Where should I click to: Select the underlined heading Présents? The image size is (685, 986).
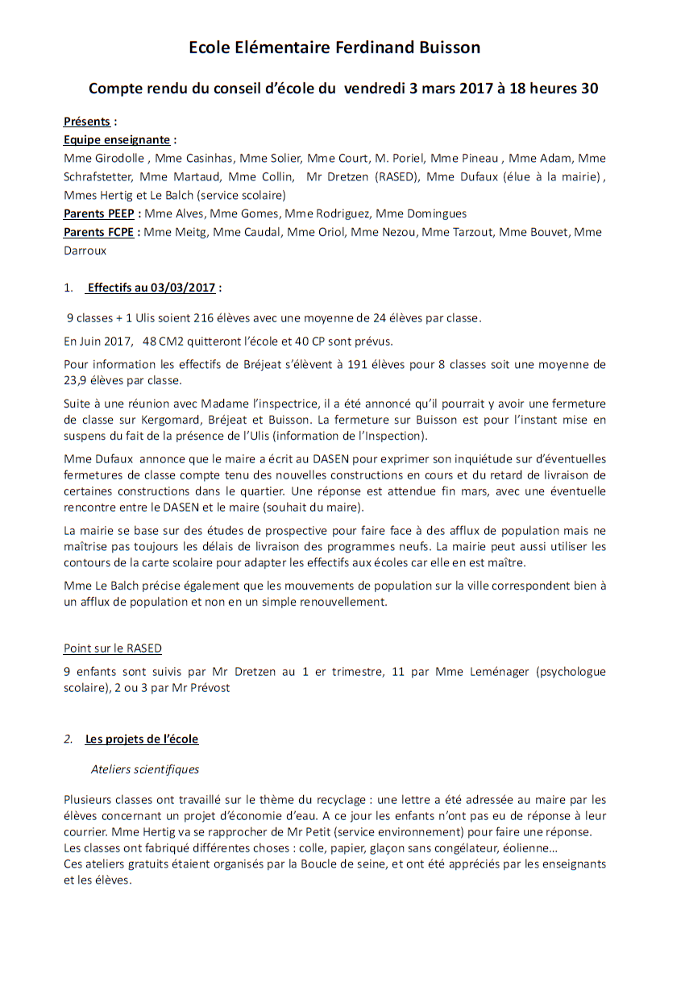click(87, 122)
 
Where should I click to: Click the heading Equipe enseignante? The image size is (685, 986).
click(117, 139)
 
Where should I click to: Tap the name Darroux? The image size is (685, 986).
click(85, 251)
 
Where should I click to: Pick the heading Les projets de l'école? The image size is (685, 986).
click(141, 739)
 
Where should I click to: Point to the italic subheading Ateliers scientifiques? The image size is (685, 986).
click(145, 769)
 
